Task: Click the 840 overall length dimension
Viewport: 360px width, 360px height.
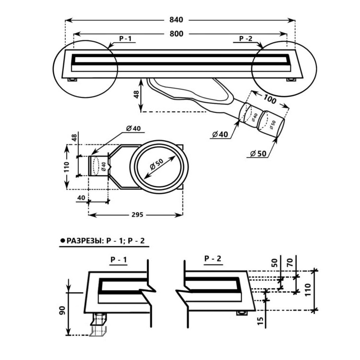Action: click(x=176, y=20)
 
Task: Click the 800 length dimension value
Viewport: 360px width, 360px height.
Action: click(x=176, y=34)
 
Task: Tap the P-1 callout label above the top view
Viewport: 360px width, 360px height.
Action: click(x=125, y=38)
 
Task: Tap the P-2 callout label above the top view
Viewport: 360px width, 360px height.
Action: click(x=246, y=38)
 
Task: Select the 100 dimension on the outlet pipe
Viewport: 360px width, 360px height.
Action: click(x=270, y=99)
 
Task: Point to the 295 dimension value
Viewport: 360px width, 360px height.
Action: click(x=137, y=215)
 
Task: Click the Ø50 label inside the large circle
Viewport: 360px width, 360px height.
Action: click(x=156, y=164)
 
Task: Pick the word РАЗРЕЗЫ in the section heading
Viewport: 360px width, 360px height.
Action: click(x=85, y=240)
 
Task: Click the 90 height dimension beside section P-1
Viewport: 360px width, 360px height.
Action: click(x=63, y=311)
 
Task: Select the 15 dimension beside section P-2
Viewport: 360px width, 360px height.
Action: click(x=260, y=321)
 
